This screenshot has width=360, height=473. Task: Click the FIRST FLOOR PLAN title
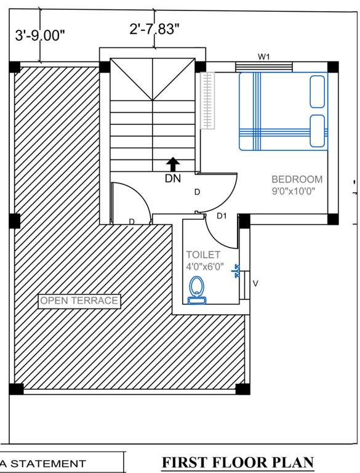point(238,463)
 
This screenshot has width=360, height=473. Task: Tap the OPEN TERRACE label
point(79,301)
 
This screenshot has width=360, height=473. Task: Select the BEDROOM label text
point(297,179)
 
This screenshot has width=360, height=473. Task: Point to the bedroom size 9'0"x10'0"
point(297,191)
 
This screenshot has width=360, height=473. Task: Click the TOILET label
point(203,254)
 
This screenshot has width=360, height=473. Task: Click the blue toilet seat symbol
point(197,290)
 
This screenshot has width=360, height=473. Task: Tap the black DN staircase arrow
point(174,164)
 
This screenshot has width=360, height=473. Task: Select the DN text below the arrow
point(173,179)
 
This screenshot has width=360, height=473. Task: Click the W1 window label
point(264,57)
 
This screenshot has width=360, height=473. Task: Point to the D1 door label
point(222,216)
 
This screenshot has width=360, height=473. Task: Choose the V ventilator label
point(256,284)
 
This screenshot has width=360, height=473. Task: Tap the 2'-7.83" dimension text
point(154,29)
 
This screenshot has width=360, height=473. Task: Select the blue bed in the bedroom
point(282,111)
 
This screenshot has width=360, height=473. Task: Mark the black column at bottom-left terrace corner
point(16,389)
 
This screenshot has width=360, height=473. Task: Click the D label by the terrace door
point(131,222)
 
